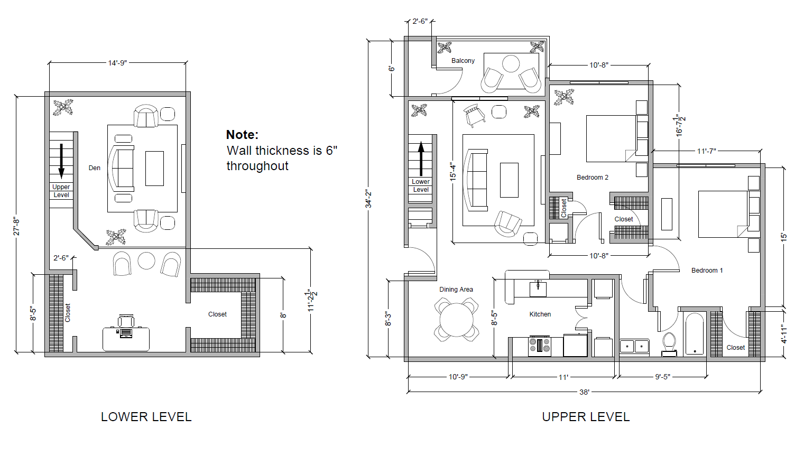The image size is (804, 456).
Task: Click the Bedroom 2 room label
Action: (x=592, y=177)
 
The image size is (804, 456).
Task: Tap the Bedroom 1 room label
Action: (x=707, y=270)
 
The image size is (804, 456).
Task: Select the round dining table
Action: (x=456, y=320)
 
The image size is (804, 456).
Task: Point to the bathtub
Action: (x=695, y=334)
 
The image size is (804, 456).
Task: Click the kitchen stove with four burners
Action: (x=540, y=346)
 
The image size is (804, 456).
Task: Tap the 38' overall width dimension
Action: (x=584, y=392)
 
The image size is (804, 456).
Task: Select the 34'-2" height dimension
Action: (x=368, y=199)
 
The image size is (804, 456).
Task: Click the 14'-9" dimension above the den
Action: (x=117, y=63)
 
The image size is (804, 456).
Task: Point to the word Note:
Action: (x=242, y=135)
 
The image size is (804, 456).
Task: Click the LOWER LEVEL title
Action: (x=146, y=417)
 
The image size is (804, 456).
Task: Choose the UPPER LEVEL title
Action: (x=586, y=417)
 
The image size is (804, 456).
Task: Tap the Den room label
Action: (x=95, y=168)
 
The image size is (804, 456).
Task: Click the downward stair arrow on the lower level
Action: (x=61, y=161)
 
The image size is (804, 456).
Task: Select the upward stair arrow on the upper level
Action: (x=421, y=159)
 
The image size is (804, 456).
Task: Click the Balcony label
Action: (x=463, y=61)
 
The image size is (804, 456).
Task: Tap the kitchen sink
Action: (x=538, y=289)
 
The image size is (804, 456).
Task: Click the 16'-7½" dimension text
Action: (x=680, y=125)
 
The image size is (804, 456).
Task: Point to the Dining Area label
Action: (x=456, y=289)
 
